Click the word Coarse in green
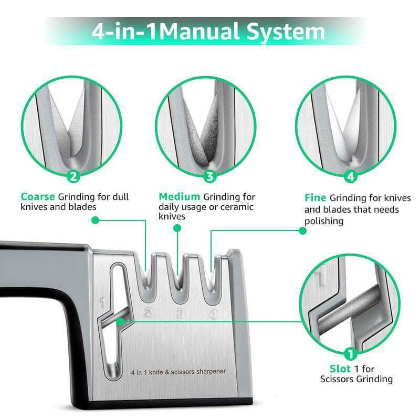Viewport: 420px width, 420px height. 38,197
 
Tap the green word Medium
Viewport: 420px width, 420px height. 180,197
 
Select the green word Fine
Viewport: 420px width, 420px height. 316,198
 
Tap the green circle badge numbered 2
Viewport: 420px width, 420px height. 74,176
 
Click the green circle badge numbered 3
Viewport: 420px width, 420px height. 210,176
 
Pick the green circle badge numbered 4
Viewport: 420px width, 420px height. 351,176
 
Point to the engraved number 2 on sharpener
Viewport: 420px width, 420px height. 149,313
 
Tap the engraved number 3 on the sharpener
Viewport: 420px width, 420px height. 180,314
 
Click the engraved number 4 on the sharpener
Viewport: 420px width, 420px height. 213,314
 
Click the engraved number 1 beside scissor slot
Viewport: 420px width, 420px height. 102,302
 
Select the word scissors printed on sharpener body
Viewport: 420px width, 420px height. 184,372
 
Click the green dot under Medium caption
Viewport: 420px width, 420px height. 177,228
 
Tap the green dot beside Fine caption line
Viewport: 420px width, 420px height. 302,230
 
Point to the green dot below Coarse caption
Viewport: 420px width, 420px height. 95,220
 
